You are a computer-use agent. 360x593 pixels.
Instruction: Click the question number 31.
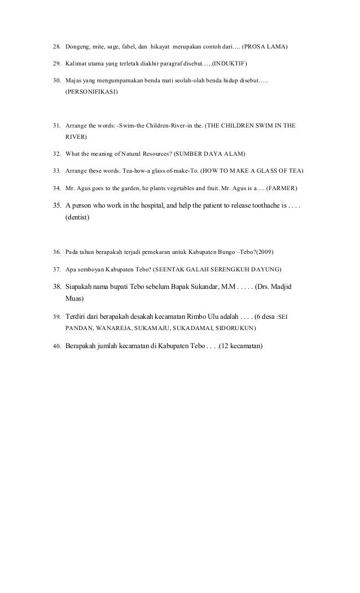(x=57, y=125)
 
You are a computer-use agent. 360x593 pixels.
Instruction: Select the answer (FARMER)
(x=284, y=187)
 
